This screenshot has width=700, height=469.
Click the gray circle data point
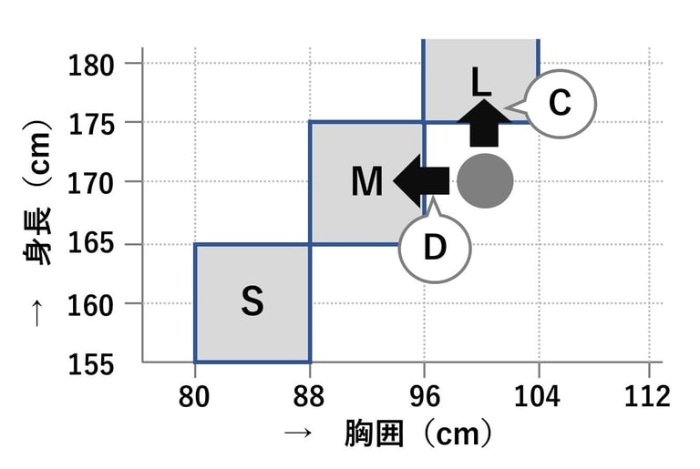485,181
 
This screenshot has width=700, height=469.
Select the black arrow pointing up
484,124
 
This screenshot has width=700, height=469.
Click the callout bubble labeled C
558,103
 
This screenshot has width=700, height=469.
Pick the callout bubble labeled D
435,247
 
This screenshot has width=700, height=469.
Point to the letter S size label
252,302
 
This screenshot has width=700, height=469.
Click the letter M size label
366,182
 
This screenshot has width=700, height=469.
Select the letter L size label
481,83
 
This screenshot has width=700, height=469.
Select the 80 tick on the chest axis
195,397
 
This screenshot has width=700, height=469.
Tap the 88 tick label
310,397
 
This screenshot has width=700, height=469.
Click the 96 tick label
425,397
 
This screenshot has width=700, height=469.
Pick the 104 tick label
539,397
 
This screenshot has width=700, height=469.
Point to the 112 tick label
649,397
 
